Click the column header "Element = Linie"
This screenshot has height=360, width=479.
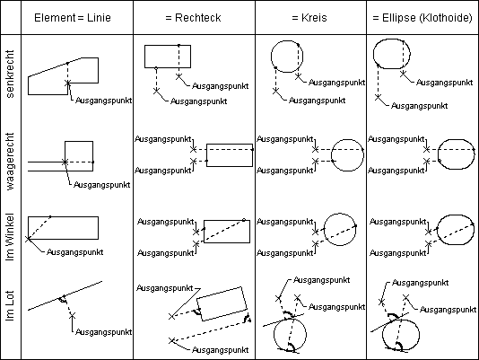point(73,18)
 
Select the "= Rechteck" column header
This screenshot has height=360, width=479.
point(193,18)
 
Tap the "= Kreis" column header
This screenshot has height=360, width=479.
point(309,18)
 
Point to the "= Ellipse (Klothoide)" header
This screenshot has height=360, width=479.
point(422,18)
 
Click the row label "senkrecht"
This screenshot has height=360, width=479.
point(10,74)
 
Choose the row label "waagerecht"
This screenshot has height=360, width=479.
point(10,162)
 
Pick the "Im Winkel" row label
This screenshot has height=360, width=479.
point(10,237)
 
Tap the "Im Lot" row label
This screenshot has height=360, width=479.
point(10,306)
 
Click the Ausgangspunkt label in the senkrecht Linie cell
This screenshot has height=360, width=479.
point(103,101)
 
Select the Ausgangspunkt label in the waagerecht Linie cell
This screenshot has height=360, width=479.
point(102,185)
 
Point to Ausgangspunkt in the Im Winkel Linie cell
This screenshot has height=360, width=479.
point(74,252)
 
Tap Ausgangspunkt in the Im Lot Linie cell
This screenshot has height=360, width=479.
point(103,332)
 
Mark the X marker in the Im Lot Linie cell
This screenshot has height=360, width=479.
point(73,315)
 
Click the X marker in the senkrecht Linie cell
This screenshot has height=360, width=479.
point(68,83)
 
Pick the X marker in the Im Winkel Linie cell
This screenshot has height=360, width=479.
point(28,239)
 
